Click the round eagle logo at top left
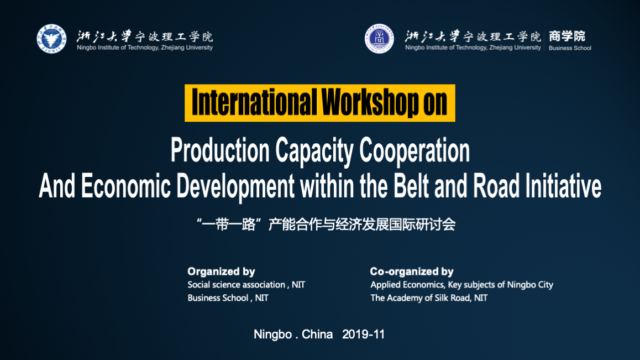(x=51, y=39)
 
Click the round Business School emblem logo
(x=379, y=39)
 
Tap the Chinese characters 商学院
(x=567, y=36)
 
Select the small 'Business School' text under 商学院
(x=570, y=48)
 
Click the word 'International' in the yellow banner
(x=254, y=102)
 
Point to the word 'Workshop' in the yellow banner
(x=370, y=102)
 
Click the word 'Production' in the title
(x=220, y=150)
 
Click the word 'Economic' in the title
(x=125, y=186)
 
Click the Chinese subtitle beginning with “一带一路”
(x=326, y=225)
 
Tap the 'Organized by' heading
(x=221, y=272)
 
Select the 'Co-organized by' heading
(x=412, y=272)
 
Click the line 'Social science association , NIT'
(x=246, y=285)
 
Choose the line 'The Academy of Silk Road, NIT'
(x=429, y=298)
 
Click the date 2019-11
(x=363, y=334)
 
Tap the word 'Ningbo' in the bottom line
(x=272, y=335)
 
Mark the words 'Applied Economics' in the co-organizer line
(x=407, y=285)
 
